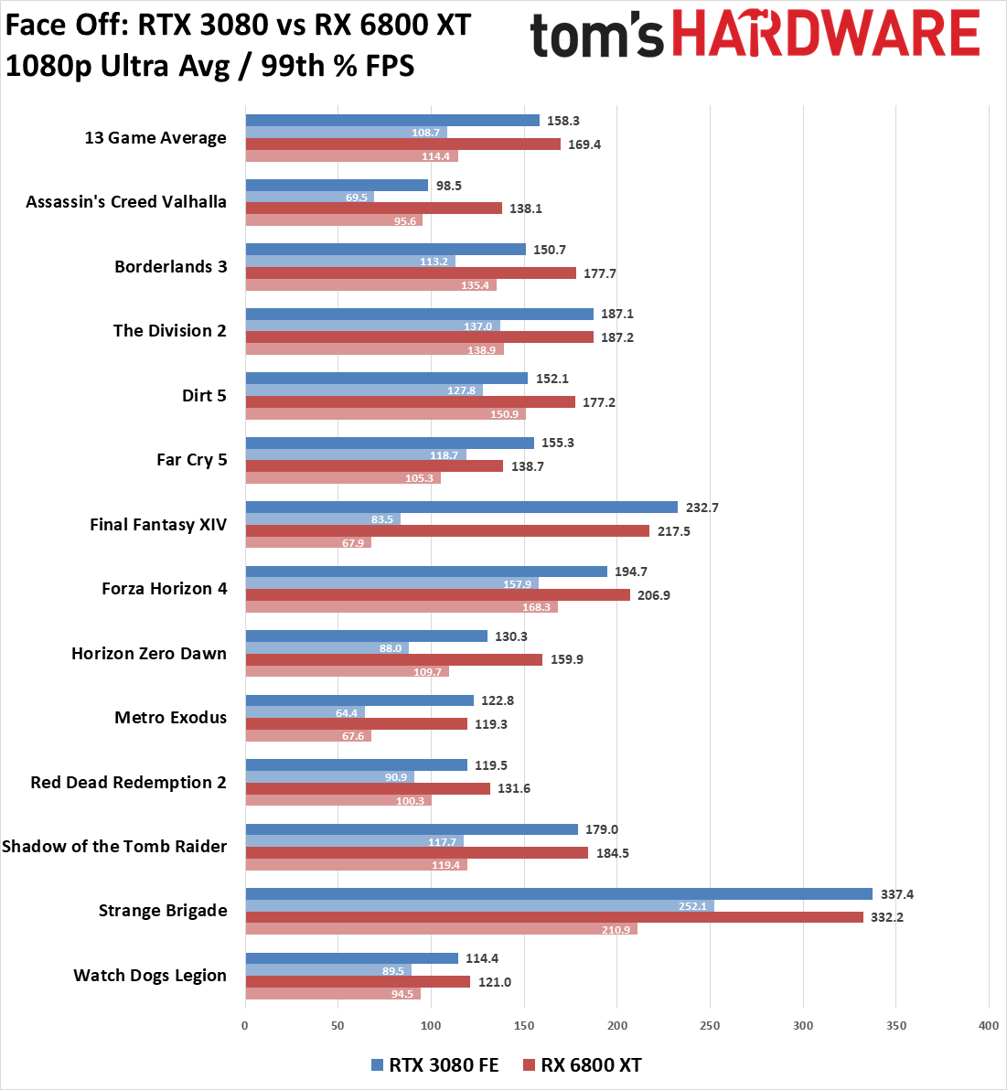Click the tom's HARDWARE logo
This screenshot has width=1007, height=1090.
coord(755,35)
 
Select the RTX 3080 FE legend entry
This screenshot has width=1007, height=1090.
coord(434,1065)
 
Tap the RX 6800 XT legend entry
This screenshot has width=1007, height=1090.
coord(582,1065)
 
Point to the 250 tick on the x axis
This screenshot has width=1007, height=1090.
coord(710,1025)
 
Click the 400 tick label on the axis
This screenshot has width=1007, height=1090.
coord(989,1025)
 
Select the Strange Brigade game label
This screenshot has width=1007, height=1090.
coord(163,911)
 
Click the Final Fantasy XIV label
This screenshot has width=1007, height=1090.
coord(158,525)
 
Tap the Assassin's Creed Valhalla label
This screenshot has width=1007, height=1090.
coord(126,202)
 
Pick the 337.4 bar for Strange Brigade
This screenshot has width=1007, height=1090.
coord(558,894)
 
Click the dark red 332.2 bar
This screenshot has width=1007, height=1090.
coord(553,917)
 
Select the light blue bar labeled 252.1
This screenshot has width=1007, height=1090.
coord(479,906)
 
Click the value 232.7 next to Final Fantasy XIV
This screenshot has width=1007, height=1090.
coord(702,508)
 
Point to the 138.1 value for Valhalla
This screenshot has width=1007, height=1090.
coord(526,208)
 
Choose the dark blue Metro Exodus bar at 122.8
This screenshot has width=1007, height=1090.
coord(359,700)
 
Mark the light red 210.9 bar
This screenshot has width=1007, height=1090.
coord(441,929)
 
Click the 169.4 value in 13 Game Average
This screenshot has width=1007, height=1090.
coord(584,144)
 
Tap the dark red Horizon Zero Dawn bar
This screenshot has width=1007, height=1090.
coord(393,659)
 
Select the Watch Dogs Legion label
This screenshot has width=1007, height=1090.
coord(150,976)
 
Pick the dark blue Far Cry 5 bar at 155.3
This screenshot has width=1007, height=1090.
coord(390,443)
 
